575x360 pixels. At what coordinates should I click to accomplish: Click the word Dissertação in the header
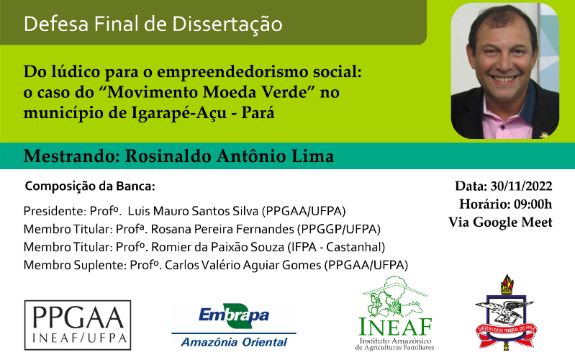pos(227,24)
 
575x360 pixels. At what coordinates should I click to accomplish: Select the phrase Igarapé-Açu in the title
pos(179,113)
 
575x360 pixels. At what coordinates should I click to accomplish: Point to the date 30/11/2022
pos(521,186)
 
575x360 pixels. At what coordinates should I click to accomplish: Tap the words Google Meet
pos(512,222)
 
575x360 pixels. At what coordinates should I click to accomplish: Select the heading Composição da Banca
pos(90,186)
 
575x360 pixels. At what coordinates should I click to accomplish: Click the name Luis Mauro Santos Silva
pos(193,211)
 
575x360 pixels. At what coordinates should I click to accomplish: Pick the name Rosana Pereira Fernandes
pos(222,229)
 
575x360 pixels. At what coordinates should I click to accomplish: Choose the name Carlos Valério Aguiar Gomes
pos(243,265)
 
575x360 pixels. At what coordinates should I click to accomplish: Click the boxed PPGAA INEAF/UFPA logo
pos(78,325)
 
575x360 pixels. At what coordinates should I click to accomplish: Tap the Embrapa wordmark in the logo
pos(234,315)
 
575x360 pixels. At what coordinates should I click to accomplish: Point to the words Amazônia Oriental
pos(234,343)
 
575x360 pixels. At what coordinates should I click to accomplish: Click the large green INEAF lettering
pos(395,327)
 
